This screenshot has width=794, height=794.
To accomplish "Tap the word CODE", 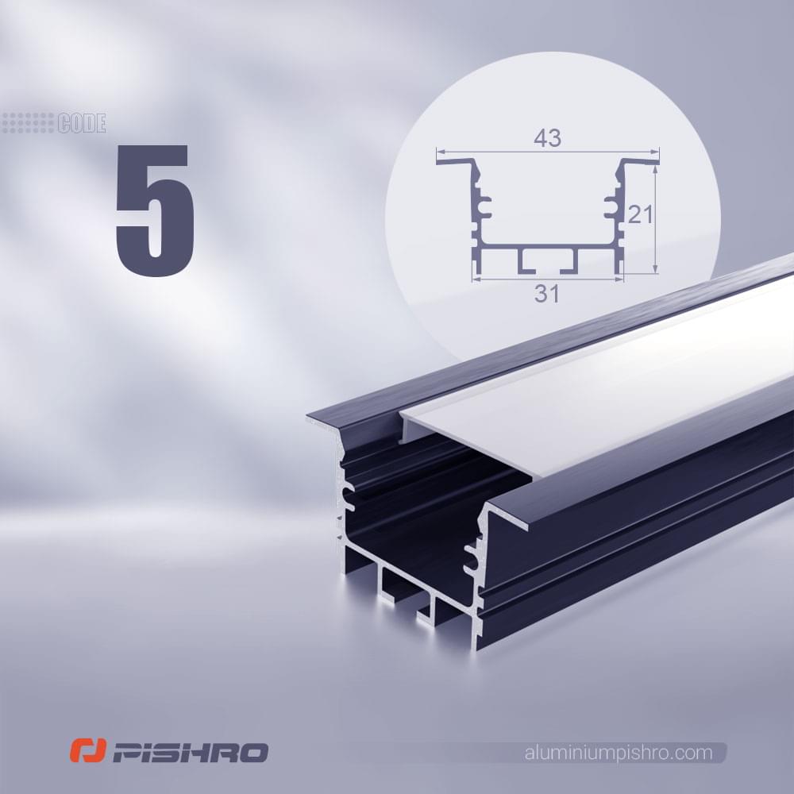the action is tap(82, 124).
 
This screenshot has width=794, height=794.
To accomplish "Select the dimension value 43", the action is tap(547, 137).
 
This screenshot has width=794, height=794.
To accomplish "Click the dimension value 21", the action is tap(640, 215).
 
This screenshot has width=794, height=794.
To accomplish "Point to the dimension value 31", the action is tap(547, 294).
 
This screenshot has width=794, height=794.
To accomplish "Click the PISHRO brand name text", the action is tap(190, 753).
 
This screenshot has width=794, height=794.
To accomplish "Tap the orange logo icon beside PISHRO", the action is tap(88, 750).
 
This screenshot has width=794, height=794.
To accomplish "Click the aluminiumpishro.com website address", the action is tap(619, 753).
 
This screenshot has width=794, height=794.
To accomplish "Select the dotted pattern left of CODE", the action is tap(29, 123).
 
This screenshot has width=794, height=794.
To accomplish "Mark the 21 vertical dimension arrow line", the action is tap(655, 219).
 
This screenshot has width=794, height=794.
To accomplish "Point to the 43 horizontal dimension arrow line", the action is tap(548, 152).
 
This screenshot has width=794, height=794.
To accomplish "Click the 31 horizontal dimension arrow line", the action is tap(548, 278).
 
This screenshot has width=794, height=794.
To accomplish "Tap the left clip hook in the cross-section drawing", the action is tap(483, 207).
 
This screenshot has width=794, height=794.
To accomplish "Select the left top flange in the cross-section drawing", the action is tap(456, 161).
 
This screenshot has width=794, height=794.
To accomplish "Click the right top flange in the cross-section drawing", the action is tap(639, 161).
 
